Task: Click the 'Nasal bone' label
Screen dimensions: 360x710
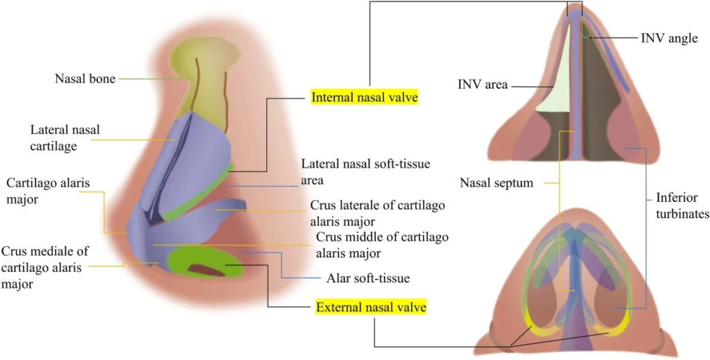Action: tap(85, 78)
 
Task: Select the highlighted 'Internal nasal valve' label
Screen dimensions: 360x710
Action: tap(365, 97)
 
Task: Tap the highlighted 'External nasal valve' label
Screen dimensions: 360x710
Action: tap(371, 306)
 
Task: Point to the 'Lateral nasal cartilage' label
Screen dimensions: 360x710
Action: tap(64, 137)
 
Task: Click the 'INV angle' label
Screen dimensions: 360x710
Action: tap(668, 38)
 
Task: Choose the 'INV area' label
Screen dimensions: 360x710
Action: tap(483, 85)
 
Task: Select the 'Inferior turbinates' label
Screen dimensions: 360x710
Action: tap(682, 206)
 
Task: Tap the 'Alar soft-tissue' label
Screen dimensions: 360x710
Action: tap(367, 278)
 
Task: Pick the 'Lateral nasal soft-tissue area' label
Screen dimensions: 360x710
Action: tap(365, 171)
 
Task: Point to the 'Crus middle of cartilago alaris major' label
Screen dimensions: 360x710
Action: tap(381, 244)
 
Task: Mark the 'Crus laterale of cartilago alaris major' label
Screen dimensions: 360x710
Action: tap(377, 213)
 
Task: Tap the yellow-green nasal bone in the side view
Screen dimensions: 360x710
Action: tap(208, 76)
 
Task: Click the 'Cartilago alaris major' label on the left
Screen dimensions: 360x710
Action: tap(48, 191)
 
